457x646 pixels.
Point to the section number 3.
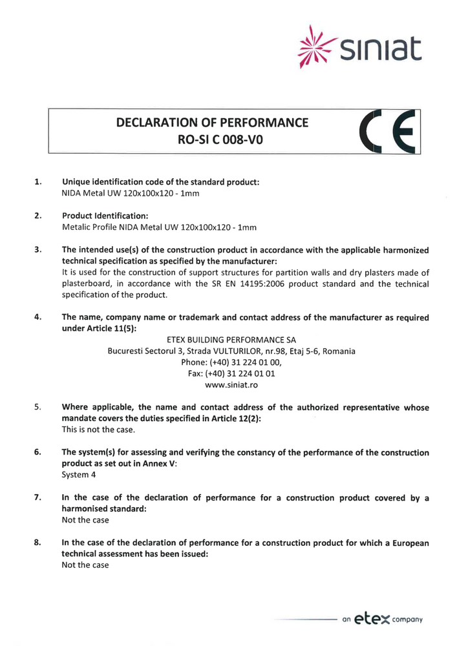[38, 249]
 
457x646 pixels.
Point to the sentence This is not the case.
[98, 430]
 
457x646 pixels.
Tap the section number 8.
[38, 543]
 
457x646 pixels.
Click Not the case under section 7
[85, 520]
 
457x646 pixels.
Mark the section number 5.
[38, 408]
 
